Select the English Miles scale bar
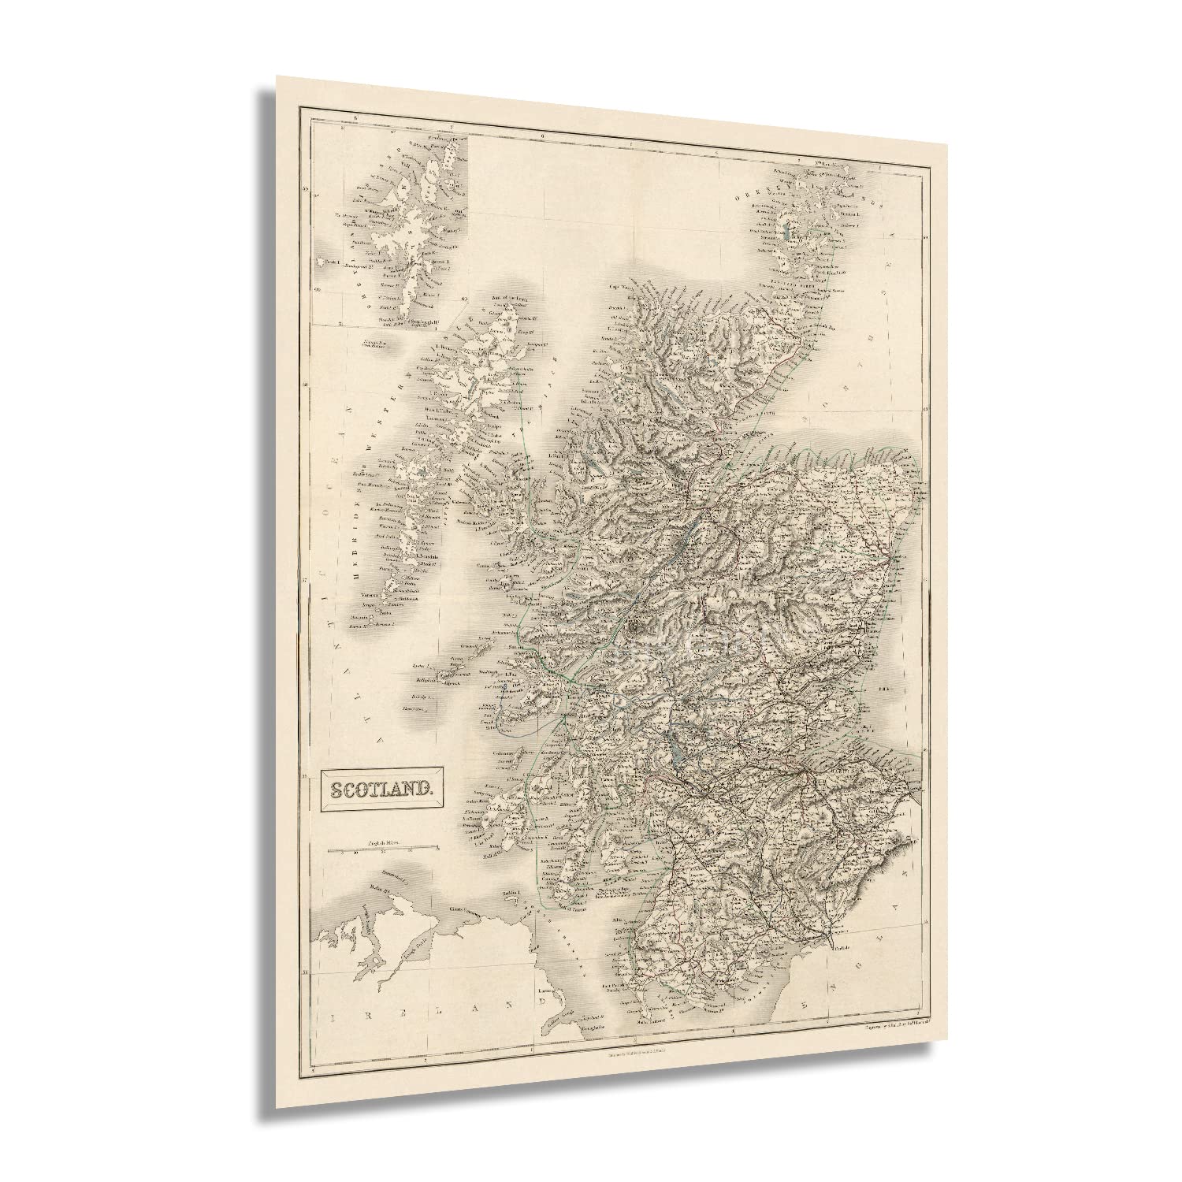pos(384,849)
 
